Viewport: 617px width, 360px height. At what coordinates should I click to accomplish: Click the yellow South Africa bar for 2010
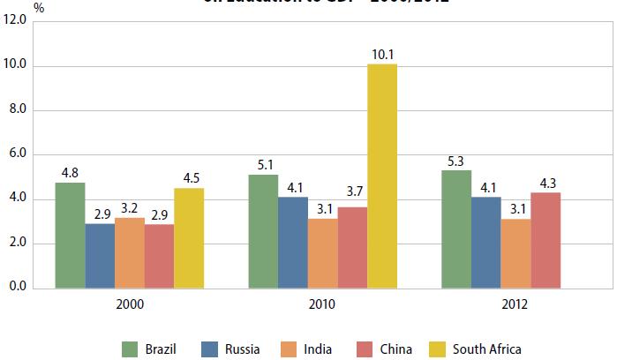coord(382,176)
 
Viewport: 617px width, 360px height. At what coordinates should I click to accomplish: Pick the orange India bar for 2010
coord(322,253)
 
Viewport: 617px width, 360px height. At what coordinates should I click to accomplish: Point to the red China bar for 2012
coord(546,240)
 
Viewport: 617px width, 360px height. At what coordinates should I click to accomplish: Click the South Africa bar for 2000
coord(189,238)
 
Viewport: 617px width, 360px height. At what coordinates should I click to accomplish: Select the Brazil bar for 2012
coord(456,229)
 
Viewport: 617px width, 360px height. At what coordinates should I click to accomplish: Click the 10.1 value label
coord(382,55)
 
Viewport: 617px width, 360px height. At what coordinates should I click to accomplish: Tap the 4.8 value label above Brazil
coord(70,172)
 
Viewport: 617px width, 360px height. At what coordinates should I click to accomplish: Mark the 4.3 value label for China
coord(546,184)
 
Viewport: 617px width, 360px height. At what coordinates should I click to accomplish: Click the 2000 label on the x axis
coord(129,304)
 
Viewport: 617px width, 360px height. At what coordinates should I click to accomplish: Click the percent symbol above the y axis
coord(38,6)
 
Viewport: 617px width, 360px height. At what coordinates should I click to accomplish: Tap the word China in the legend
coord(396,349)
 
